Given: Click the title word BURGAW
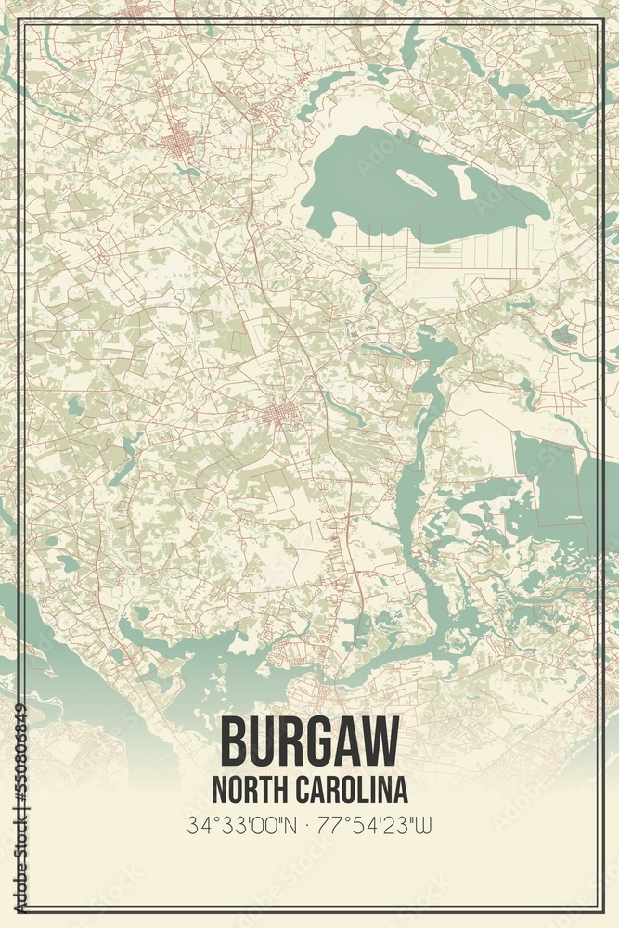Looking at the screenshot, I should pyautogui.click(x=309, y=742).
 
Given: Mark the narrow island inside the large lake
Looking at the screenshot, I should pyautogui.click(x=416, y=181).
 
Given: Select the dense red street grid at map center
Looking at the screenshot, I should pyautogui.click(x=281, y=415).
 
